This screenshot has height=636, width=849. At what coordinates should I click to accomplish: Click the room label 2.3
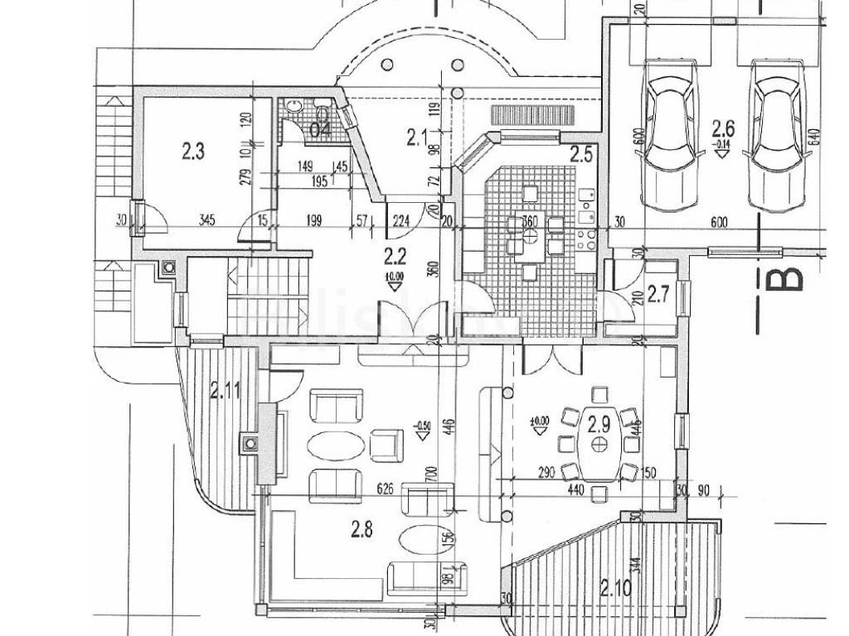pos(193,151)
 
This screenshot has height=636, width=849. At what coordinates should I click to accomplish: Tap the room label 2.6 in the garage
pos(724,128)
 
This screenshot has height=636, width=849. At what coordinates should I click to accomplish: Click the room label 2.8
pos(361,528)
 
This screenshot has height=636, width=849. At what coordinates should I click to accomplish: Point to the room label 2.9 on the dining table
pos(599,426)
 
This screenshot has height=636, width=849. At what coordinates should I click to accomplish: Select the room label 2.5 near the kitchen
pos(581,153)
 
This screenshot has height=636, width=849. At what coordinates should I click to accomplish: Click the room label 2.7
pos(659,293)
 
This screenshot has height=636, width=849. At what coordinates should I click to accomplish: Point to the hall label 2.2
pos(394,254)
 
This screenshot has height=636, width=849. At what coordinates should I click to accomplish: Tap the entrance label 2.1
pos(415,137)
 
